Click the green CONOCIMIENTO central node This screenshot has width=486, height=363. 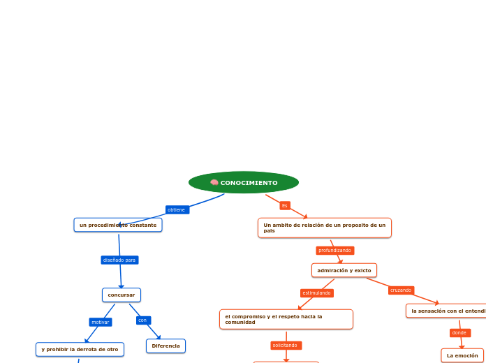(244, 183)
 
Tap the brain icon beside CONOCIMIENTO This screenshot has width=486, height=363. (214, 183)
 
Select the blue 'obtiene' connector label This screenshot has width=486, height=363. (177, 209)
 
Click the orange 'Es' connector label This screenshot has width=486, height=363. (285, 205)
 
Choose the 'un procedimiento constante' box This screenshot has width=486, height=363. (118, 225)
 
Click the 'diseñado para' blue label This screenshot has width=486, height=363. (119, 260)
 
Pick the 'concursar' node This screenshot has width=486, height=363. (121, 295)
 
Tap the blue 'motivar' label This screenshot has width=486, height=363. (101, 322)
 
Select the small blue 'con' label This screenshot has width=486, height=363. (143, 320)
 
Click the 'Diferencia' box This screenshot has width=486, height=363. (165, 346)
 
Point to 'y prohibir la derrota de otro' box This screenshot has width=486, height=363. (80, 349)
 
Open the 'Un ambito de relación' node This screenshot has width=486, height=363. (324, 228)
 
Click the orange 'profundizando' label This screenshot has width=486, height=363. (335, 250)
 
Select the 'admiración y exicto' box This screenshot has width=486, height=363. (344, 270)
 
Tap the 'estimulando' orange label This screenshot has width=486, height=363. (317, 293)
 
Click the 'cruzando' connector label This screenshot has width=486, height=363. (401, 290)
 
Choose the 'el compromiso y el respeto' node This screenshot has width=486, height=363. (286, 319)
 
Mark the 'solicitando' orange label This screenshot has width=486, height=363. (286, 345)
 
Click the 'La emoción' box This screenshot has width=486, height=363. (462, 355)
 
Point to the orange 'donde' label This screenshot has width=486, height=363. (459, 333)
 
